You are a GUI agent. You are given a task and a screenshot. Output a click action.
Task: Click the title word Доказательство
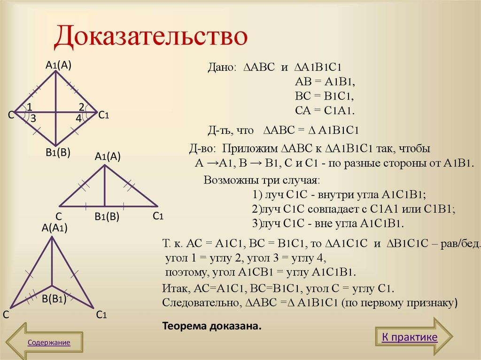[150, 37]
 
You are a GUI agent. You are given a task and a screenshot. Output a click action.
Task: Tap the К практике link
[409, 337]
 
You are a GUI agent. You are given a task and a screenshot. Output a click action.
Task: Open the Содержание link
[49, 343]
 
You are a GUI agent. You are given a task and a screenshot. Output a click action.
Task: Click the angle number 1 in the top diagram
[29, 106]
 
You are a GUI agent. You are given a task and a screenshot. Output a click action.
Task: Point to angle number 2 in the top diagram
[81, 106]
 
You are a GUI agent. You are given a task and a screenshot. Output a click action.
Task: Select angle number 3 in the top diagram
[33, 119]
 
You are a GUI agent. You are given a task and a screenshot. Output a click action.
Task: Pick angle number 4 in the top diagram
[78, 119]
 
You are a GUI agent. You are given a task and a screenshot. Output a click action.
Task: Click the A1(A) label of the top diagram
[58, 66]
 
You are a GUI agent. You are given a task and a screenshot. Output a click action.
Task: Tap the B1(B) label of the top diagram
[58, 152]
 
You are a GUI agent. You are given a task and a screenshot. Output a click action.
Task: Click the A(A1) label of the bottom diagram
[55, 229]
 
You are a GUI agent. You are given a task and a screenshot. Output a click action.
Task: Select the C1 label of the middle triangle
[157, 216]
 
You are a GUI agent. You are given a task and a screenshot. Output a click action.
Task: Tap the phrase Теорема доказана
[211, 325]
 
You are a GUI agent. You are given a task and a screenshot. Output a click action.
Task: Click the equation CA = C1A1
[324, 111]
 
